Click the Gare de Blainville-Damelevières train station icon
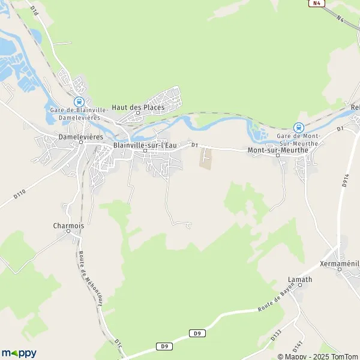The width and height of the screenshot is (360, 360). pyautogui.click(x=79, y=102)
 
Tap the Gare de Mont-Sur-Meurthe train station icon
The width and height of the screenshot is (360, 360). pyautogui.click(x=298, y=127)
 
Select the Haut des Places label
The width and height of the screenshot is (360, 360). pyautogui.click(x=138, y=107)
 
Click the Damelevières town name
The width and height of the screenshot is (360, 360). pyautogui.click(x=82, y=137)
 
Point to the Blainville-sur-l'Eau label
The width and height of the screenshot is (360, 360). pyautogui.click(x=145, y=145)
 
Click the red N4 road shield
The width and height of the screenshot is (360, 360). pyautogui.click(x=316, y=4)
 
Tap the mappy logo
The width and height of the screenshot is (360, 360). pyautogui.click(x=19, y=353)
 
